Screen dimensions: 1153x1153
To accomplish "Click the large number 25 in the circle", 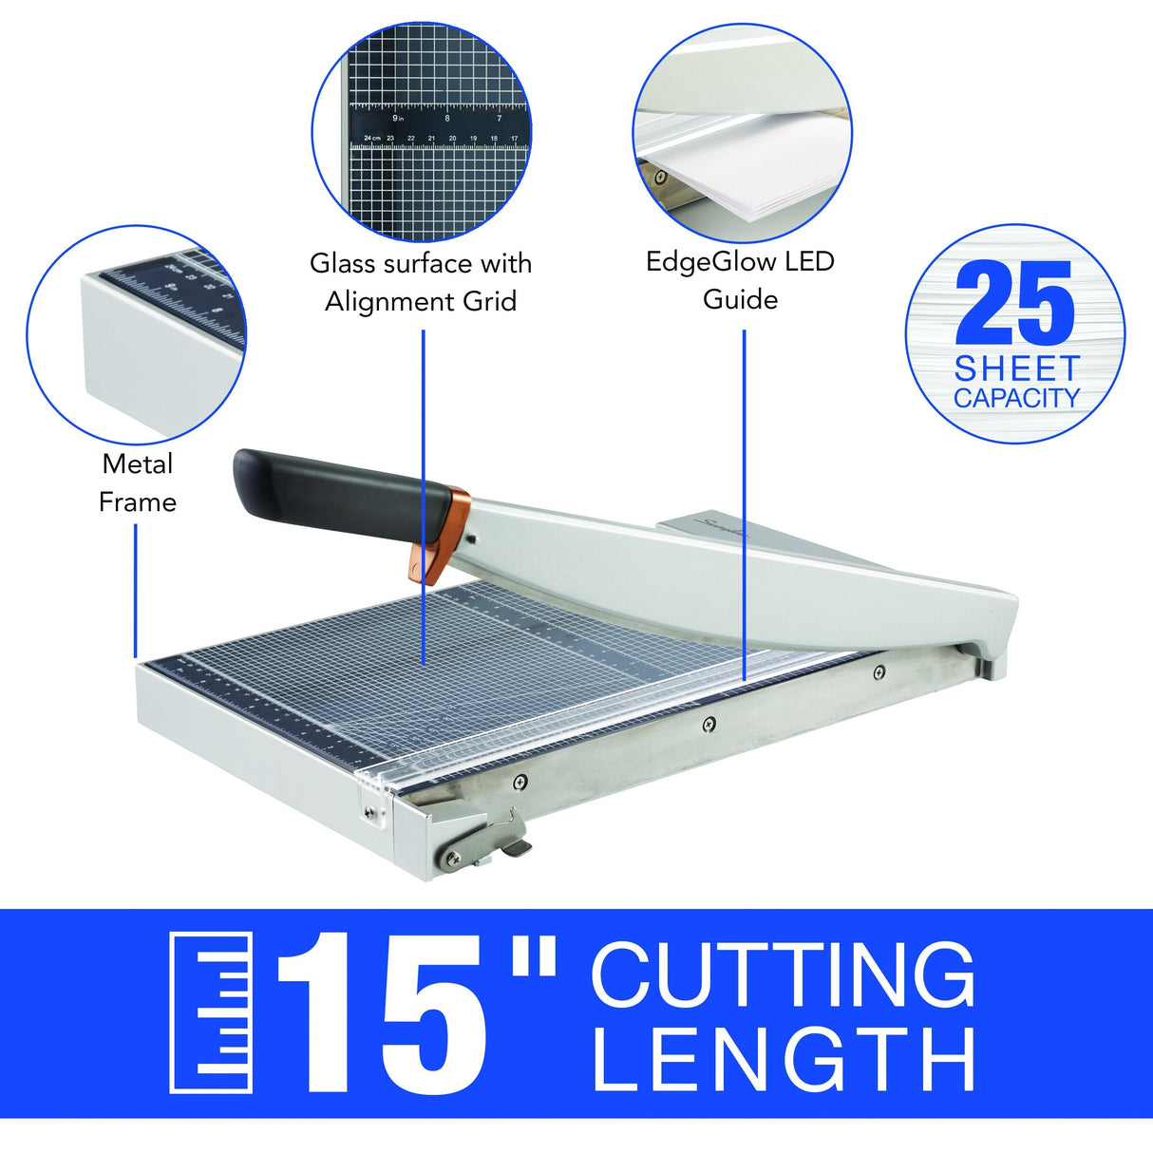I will click(x=1014, y=304).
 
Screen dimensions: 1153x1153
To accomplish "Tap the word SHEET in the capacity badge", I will click(x=1017, y=369).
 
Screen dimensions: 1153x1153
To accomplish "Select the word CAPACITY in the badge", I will click(x=1017, y=398).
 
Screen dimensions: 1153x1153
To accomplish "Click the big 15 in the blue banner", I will click(x=385, y=1014).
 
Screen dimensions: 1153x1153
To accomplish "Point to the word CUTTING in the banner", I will click(x=783, y=974).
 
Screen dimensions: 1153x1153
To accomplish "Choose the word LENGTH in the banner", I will click(x=784, y=1059).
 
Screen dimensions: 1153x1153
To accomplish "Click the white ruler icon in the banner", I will click(x=211, y=1012).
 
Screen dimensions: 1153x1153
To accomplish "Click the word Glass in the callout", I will click(x=343, y=263).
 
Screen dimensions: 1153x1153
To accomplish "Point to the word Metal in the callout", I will click(x=138, y=464).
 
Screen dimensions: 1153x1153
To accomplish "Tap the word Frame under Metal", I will click(x=138, y=501).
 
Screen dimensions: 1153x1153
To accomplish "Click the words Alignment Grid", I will click(x=421, y=302).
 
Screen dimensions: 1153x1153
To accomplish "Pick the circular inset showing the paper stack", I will click(x=742, y=133).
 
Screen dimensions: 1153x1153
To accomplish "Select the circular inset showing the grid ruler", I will click(x=422, y=133).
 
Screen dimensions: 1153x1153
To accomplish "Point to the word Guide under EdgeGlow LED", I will click(x=740, y=299).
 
